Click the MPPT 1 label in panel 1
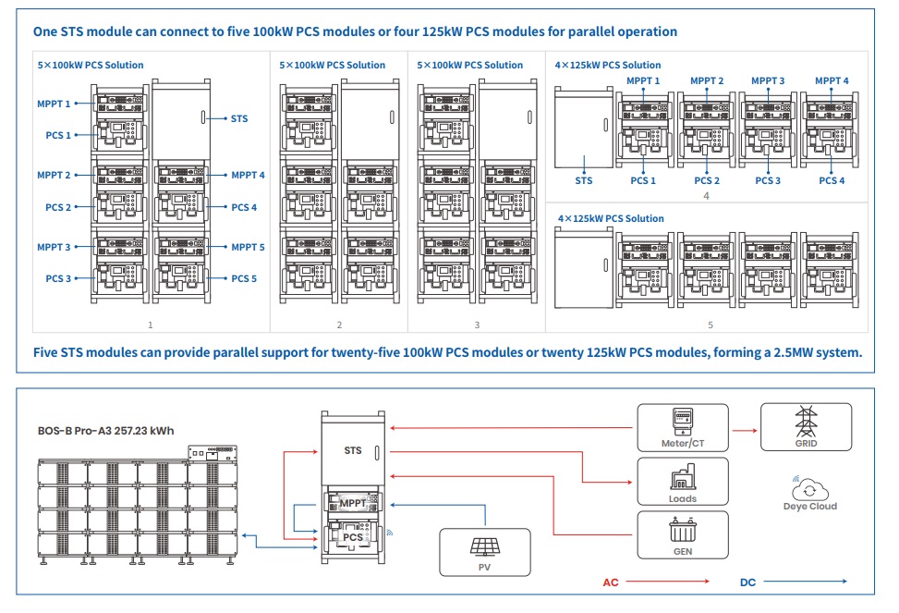(x=54, y=104)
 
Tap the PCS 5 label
(x=244, y=278)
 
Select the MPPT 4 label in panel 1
(x=248, y=175)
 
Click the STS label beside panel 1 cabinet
(x=239, y=118)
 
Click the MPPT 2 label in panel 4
(x=707, y=81)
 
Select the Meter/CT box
(x=682, y=427)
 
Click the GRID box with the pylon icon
(x=806, y=427)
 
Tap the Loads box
(x=682, y=481)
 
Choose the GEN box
(x=682, y=534)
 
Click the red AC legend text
(x=611, y=582)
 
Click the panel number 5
(x=711, y=325)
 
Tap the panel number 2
(x=339, y=325)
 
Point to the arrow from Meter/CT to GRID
(x=743, y=429)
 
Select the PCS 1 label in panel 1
(x=58, y=135)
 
